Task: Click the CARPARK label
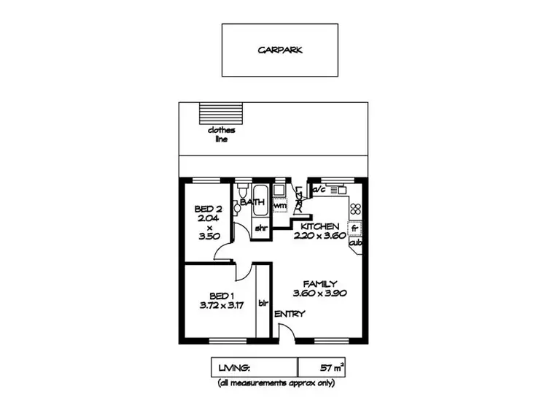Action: point(280,51)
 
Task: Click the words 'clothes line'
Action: point(218,134)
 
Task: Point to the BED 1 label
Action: point(220,296)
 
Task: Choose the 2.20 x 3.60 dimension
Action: point(318,236)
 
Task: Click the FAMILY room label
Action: point(319,283)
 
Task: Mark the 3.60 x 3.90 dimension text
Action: point(319,293)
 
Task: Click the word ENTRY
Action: point(290,315)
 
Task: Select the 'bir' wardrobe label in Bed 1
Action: point(263,301)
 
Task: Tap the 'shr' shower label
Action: point(260,228)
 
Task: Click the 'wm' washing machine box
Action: point(279,207)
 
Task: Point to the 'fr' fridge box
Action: point(355,228)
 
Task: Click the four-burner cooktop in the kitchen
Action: point(356,210)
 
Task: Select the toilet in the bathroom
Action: point(238,208)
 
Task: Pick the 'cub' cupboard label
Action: point(355,244)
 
